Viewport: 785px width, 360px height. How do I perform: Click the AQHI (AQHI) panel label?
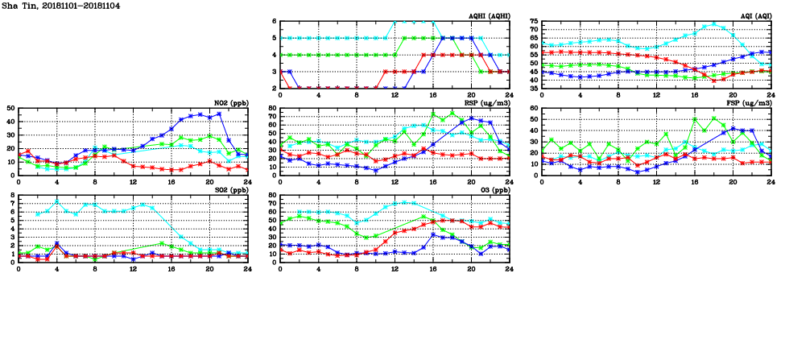pyautogui.click(x=489, y=16)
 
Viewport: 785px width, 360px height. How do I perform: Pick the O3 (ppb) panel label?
pyautogui.click(x=493, y=190)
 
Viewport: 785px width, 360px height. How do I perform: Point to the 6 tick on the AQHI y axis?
pyautogui.click(x=275, y=21)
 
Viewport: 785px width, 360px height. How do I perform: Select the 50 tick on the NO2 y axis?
pyautogui.click(x=10, y=108)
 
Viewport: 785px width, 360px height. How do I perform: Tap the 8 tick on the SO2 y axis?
pyautogui.click(x=12, y=195)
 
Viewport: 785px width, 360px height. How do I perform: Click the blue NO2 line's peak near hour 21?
pyautogui.click(x=219, y=114)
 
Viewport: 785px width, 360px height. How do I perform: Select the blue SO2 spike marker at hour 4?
pyautogui.click(x=57, y=243)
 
